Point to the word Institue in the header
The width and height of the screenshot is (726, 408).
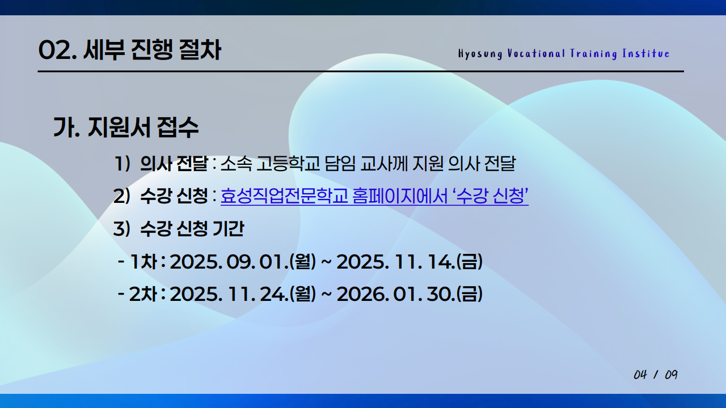[646, 54]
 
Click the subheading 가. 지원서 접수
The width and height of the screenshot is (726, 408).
[126, 127]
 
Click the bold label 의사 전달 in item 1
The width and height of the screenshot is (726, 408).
[174, 164]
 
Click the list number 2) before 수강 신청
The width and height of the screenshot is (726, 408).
[122, 197]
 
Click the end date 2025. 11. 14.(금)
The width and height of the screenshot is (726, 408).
[410, 262]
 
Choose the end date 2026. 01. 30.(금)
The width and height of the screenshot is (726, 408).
[410, 294]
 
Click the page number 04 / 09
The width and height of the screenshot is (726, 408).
[656, 375]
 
